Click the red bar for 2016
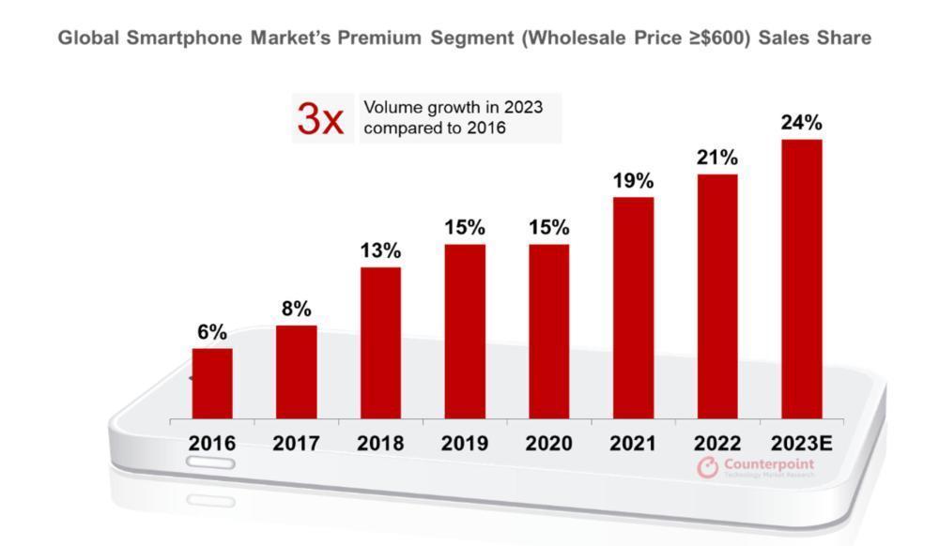click(x=212, y=383)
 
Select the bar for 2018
click(x=380, y=342)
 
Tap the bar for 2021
click(x=633, y=308)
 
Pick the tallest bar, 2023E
click(x=802, y=279)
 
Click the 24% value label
click(x=802, y=123)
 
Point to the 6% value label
click(x=212, y=332)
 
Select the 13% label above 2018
click(x=380, y=250)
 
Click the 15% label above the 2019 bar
click(x=465, y=227)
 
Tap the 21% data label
click(x=717, y=158)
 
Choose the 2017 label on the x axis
click(x=296, y=443)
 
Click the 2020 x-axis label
click(x=548, y=443)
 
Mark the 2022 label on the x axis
click(x=717, y=443)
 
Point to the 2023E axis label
click(x=801, y=443)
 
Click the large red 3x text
click(x=320, y=119)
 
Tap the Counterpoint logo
click(x=756, y=467)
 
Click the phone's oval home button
click(x=210, y=463)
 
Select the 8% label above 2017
click(x=296, y=309)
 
